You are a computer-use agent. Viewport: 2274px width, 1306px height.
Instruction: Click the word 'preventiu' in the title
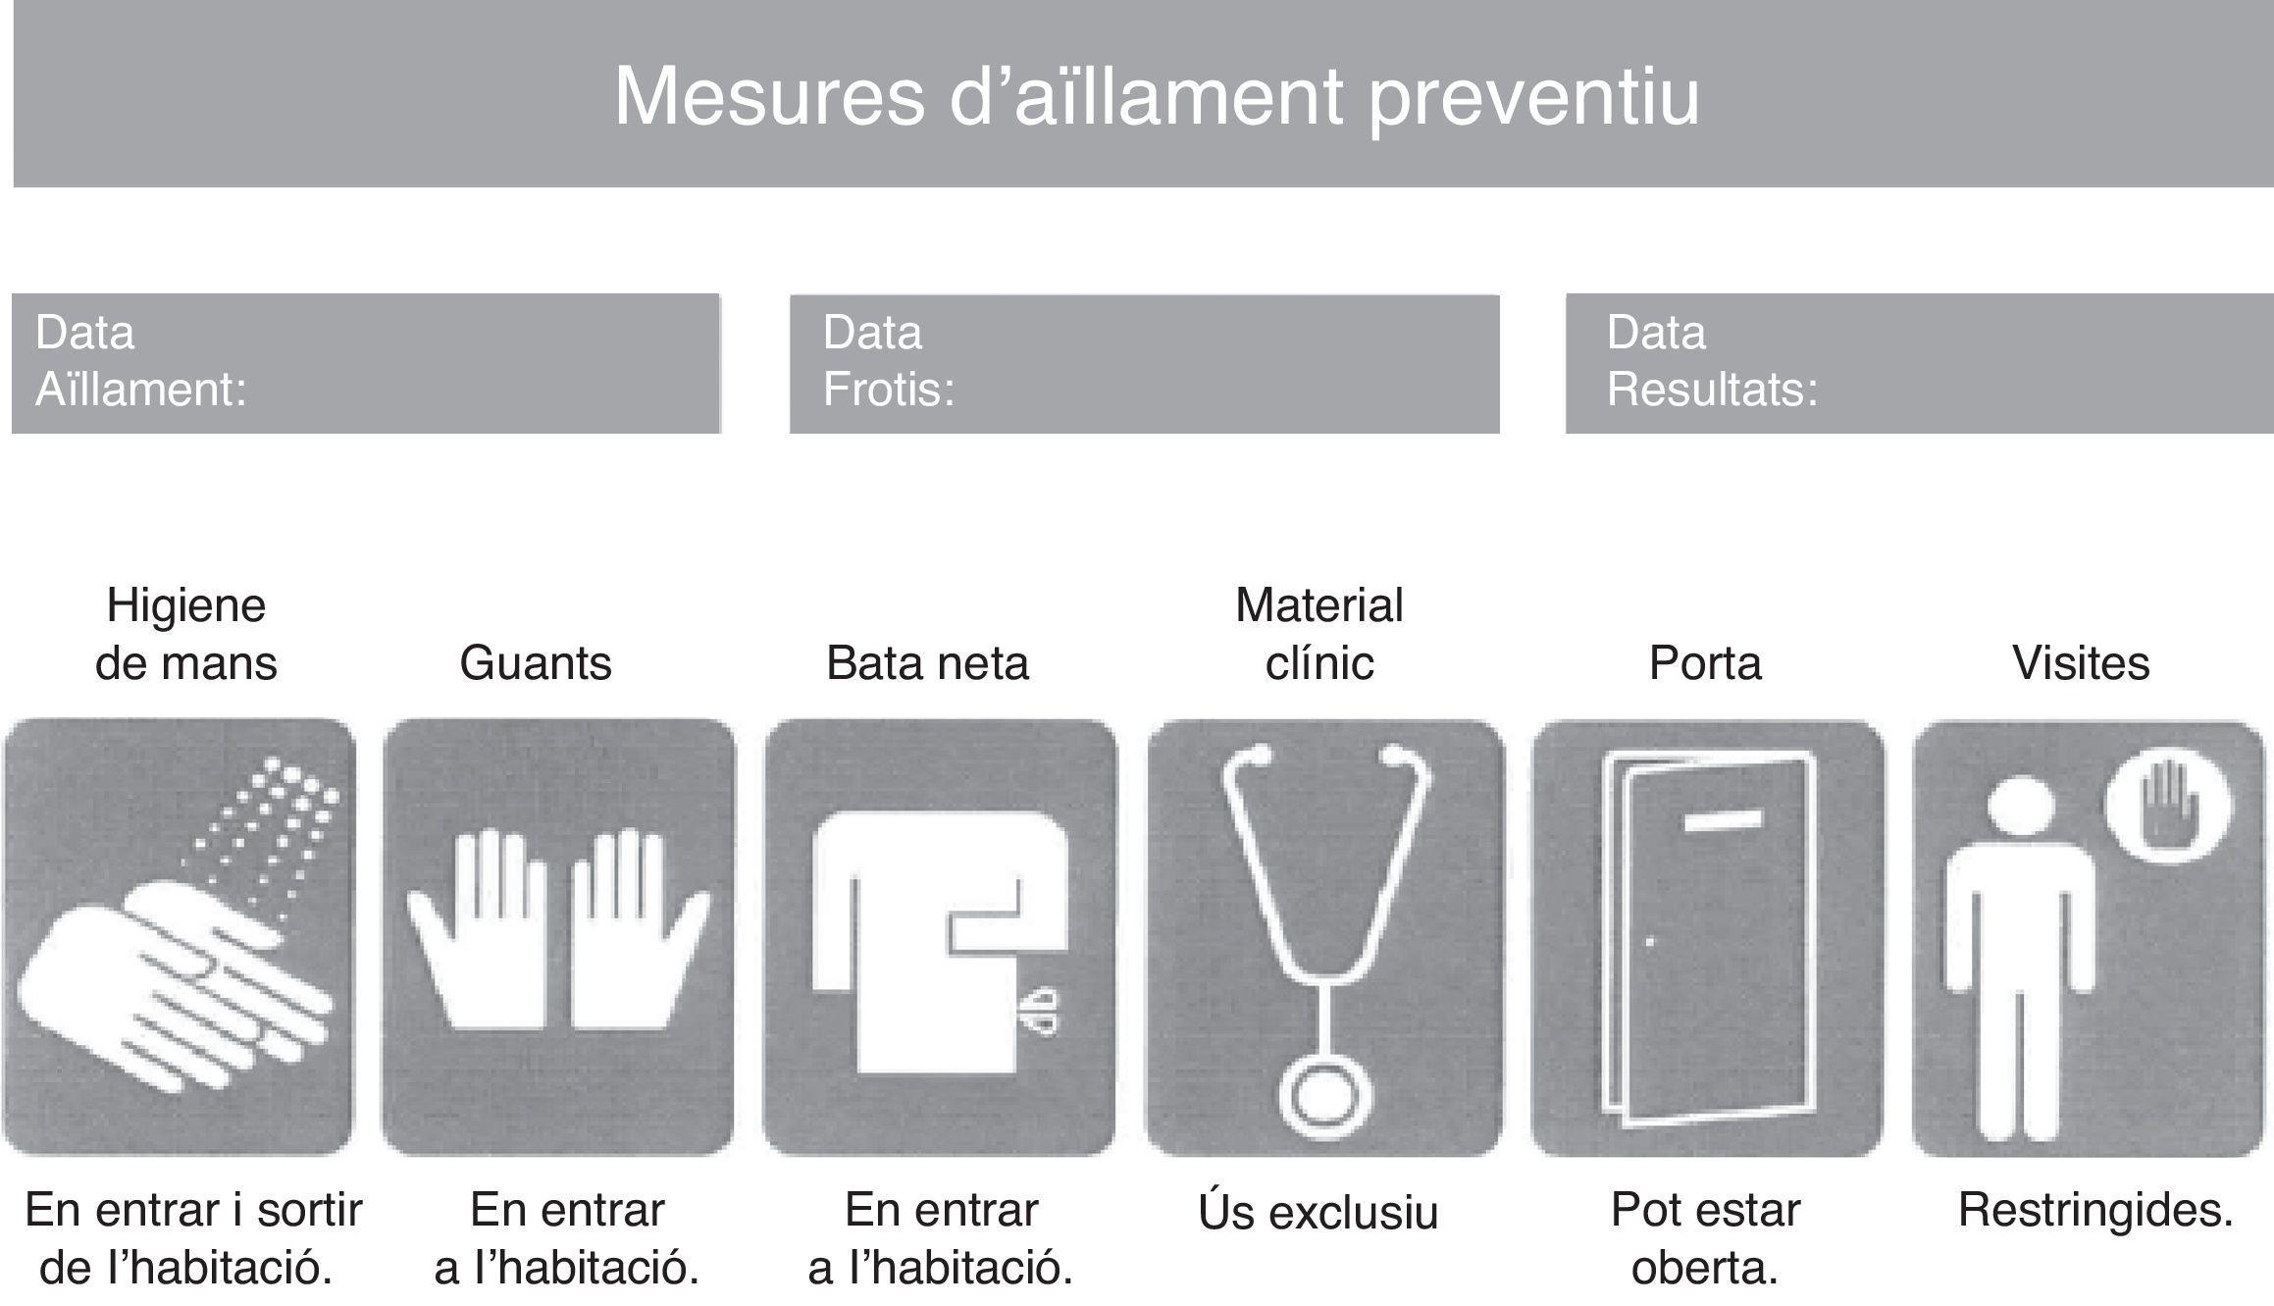(1533, 98)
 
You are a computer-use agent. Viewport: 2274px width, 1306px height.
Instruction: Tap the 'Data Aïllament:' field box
(366, 363)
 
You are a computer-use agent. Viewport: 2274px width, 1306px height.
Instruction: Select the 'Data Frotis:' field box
(1144, 363)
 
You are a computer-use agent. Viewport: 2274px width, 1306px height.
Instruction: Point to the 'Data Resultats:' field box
(1919, 363)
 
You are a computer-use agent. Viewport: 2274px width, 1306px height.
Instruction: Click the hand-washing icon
(179, 937)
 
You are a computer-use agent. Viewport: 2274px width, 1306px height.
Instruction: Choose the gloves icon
(558, 937)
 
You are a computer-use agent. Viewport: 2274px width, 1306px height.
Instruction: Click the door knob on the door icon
(1650, 942)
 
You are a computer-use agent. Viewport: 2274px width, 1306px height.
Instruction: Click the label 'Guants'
(536, 663)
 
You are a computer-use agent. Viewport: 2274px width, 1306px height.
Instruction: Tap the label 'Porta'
(1705, 663)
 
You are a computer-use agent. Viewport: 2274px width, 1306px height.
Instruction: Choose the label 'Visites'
(2082, 663)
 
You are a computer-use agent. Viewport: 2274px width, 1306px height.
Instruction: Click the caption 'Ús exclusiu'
(1318, 1211)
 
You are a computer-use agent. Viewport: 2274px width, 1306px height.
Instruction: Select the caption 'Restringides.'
(2095, 1211)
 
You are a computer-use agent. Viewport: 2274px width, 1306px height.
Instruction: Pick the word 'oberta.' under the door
(1705, 1269)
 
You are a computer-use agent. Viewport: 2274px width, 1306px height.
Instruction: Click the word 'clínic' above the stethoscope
(1319, 663)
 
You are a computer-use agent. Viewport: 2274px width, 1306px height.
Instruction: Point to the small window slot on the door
(1722, 820)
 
